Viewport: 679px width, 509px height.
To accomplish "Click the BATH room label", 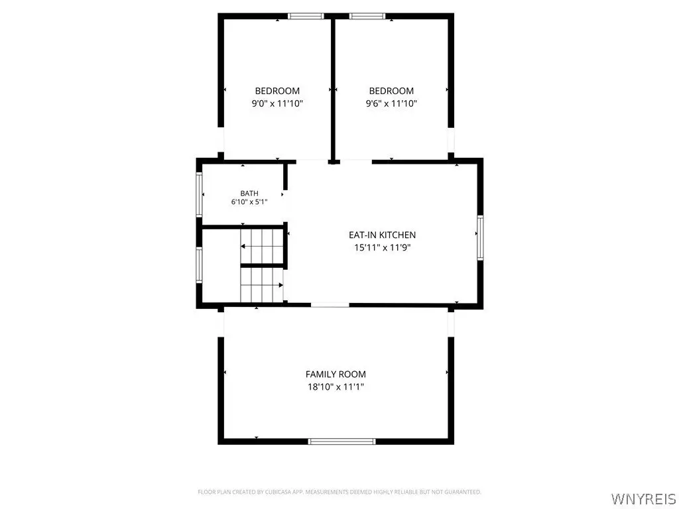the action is click(249, 194).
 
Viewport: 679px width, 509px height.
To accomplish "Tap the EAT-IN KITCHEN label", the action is click(383, 235).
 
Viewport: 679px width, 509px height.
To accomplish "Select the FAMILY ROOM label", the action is click(336, 374).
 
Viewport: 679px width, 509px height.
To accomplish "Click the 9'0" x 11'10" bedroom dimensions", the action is click(277, 103).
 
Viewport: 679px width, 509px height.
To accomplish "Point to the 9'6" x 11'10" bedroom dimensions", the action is click(391, 103).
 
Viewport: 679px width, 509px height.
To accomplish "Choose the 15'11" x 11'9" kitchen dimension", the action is click(383, 248).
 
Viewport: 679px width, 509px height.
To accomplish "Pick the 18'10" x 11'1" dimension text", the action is click(336, 387).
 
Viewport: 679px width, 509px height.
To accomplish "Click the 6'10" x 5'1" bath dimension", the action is click(249, 201).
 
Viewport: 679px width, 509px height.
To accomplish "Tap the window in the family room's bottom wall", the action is click(341, 441).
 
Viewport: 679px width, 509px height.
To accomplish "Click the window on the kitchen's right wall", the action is click(480, 238).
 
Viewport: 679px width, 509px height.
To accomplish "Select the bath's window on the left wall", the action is click(199, 194).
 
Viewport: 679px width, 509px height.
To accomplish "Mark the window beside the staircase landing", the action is click(199, 264).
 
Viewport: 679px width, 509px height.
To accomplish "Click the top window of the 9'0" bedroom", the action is click(306, 17).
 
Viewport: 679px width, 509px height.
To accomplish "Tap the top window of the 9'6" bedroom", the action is click(367, 17).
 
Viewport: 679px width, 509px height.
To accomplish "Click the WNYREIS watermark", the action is click(643, 498).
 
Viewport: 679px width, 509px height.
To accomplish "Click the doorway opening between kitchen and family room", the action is click(330, 305).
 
